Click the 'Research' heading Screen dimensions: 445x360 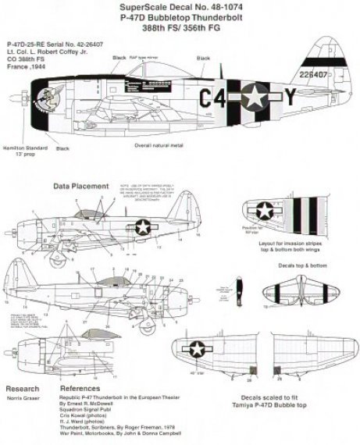pyautogui.click(x=22, y=387)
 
